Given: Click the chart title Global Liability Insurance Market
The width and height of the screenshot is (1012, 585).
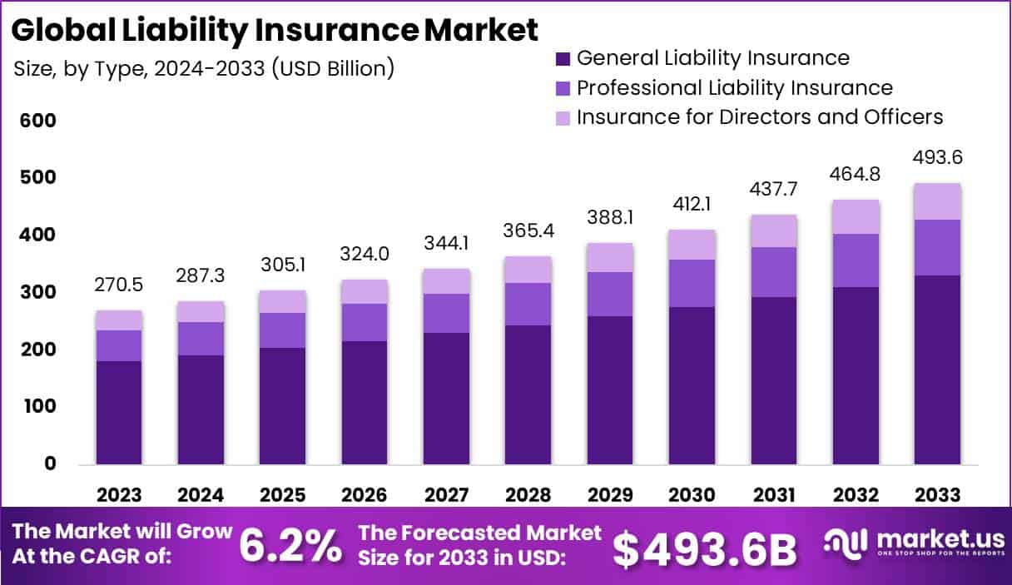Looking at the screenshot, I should click(275, 31).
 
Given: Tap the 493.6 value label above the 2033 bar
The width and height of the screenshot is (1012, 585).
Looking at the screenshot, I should click(938, 157).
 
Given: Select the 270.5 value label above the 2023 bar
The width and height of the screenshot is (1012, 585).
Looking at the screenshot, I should click(118, 285).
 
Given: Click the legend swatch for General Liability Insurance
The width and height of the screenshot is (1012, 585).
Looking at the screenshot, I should click(563, 59).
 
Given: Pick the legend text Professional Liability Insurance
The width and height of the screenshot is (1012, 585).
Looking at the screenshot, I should click(734, 87).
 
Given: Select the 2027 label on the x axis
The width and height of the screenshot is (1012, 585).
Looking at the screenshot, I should click(445, 495).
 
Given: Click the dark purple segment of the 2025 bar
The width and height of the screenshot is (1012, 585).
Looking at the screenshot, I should click(282, 406).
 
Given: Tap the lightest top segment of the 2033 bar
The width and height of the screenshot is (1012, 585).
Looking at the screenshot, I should click(938, 201).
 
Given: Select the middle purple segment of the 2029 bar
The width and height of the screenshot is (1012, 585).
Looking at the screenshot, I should click(610, 294).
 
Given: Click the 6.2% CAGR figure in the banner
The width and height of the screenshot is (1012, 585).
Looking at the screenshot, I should click(290, 547).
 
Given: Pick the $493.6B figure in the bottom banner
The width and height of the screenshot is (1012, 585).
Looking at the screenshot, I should click(704, 548).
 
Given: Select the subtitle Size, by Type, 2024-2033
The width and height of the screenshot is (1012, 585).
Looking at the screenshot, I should click(204, 68).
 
